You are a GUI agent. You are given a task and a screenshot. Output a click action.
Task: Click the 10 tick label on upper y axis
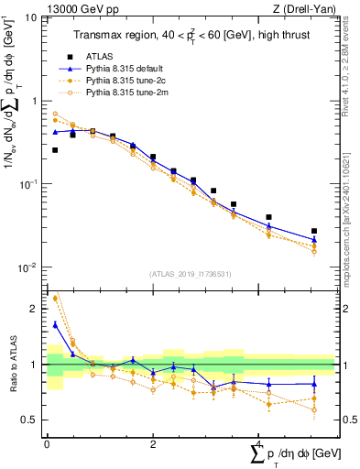[x=29, y=17]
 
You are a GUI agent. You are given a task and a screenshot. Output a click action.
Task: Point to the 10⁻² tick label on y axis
[x=27, y=267]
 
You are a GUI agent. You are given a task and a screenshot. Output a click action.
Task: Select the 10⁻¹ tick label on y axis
[x=27, y=184]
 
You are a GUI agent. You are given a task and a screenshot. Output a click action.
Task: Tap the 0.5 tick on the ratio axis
[x=32, y=420]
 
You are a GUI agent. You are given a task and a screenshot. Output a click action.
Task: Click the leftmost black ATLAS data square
[x=55, y=149]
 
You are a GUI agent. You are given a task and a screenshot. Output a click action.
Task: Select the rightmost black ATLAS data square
[x=314, y=231]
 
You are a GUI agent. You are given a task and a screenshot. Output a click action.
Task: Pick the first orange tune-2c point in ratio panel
[x=55, y=298]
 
